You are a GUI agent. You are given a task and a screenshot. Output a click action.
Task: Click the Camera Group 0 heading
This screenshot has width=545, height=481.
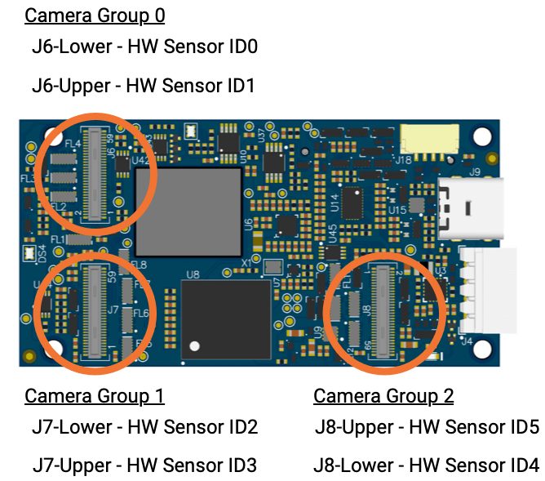[x=95, y=15]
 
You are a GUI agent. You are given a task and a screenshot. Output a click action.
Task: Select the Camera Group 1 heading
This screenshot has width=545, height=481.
[x=95, y=396]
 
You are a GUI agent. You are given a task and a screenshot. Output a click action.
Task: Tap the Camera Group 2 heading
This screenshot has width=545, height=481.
[x=383, y=396]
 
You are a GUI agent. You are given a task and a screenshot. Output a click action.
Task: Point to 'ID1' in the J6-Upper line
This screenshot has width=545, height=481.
[x=237, y=85]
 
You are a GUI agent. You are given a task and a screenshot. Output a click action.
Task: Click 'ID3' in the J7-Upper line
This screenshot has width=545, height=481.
[x=239, y=465]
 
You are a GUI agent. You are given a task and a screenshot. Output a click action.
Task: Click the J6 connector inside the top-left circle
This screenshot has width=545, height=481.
[x=97, y=173]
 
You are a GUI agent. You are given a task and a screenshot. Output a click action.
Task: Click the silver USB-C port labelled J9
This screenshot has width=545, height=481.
[x=468, y=208]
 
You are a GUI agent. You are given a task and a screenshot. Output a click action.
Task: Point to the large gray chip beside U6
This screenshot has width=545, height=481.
[x=188, y=211]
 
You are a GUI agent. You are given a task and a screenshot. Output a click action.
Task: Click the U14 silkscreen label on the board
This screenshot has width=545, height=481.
[x=335, y=203]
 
